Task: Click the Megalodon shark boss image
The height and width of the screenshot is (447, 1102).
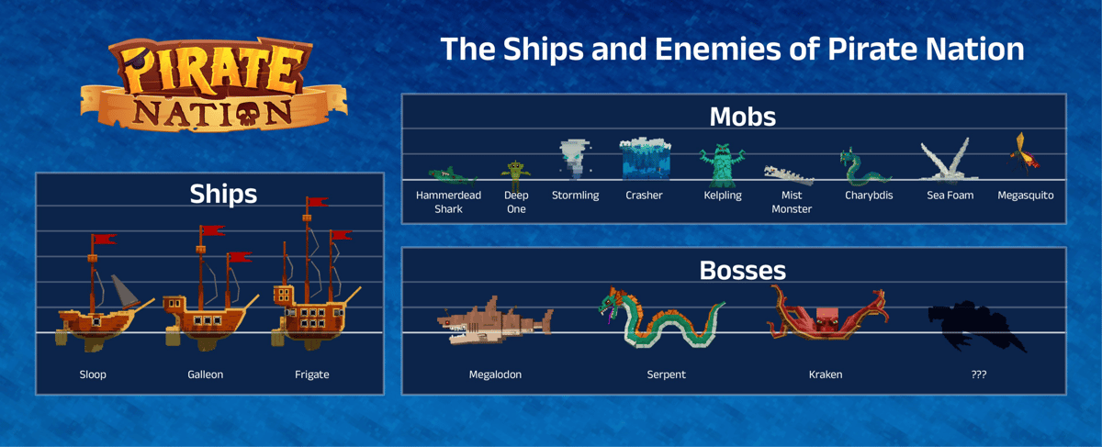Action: [494, 321]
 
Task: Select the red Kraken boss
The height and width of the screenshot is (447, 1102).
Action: [827, 315]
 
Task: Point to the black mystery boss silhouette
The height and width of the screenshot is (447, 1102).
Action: [976, 326]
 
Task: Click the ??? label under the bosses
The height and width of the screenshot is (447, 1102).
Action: [979, 374]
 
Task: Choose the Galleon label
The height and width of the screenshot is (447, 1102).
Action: [205, 374]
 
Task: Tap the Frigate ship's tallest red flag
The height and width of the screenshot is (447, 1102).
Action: [317, 202]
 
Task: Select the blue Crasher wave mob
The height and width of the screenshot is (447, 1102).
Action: [645, 159]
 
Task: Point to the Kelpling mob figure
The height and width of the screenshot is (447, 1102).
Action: [722, 165]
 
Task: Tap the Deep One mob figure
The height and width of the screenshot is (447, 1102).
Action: [515, 175]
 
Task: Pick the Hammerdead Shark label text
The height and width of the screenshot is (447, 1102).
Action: [448, 202]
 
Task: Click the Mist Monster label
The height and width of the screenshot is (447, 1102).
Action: [792, 202]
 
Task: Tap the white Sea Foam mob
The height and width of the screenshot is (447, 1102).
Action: [948, 160]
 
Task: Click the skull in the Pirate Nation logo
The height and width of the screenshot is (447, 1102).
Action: [247, 114]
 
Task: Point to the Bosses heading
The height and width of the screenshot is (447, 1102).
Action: [742, 271]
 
